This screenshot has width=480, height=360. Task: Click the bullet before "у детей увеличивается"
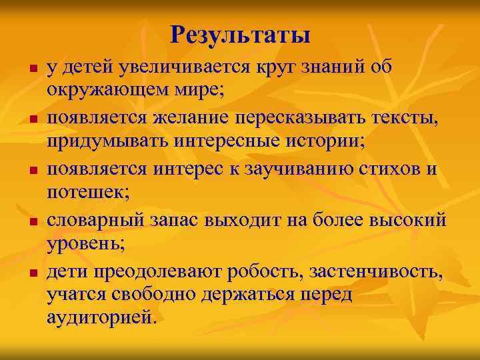[x=25, y=69]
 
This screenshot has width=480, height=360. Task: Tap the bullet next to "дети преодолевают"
[x=25, y=273]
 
